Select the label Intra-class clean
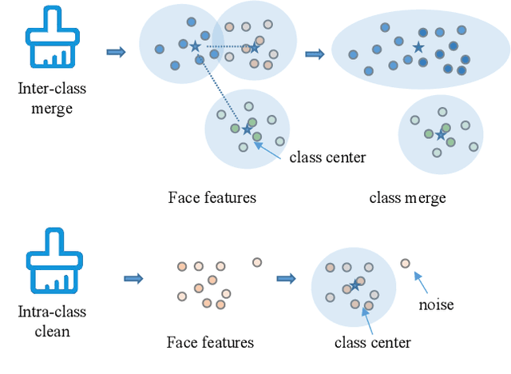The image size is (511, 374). [x=51, y=320]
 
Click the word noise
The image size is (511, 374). [x=436, y=304]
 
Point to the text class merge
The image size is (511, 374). [x=407, y=197]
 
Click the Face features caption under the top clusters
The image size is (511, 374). [x=212, y=197]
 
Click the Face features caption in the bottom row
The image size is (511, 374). [x=210, y=343]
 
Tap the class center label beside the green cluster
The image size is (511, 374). [x=328, y=157]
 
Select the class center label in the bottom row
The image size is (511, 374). [x=373, y=343]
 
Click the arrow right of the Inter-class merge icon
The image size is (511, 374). [x=116, y=52]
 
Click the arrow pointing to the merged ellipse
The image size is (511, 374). [x=315, y=54]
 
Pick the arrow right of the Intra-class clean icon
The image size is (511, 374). [x=133, y=279]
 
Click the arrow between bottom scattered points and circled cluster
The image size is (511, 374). [x=286, y=279]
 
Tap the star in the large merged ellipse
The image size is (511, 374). [x=418, y=48]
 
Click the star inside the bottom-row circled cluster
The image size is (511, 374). [x=355, y=285]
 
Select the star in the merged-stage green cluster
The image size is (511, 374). [x=440, y=135]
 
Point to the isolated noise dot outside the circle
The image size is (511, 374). [x=405, y=263]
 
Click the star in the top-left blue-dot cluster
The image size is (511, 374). [x=196, y=46]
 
